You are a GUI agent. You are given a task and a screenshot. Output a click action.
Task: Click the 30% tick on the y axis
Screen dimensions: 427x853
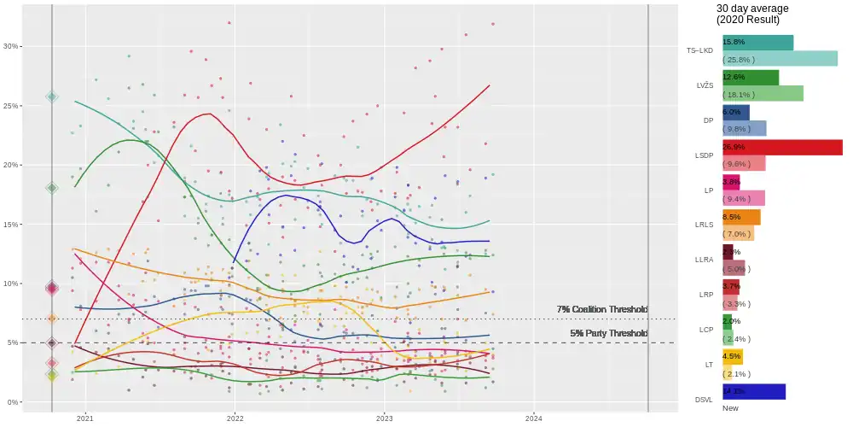(x=10, y=46)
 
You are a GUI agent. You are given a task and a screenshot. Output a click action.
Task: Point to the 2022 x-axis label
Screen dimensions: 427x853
(x=235, y=418)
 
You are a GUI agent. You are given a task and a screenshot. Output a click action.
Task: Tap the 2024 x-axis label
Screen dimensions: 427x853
(x=533, y=418)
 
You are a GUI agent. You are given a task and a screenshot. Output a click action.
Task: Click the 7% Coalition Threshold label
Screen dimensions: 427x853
(x=602, y=309)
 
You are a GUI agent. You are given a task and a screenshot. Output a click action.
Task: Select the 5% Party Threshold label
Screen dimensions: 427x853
(x=609, y=333)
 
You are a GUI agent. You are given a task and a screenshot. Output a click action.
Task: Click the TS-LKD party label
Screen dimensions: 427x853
(x=699, y=50)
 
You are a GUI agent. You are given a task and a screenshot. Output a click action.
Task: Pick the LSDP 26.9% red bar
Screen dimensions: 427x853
(x=782, y=147)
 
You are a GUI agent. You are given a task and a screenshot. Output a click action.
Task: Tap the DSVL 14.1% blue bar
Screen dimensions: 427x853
(x=754, y=391)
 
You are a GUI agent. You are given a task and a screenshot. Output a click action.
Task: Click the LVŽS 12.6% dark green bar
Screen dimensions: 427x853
(x=751, y=77)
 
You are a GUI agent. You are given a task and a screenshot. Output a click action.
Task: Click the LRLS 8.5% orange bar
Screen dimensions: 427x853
(x=741, y=217)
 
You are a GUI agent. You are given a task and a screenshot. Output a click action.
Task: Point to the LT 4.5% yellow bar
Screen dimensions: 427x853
(x=733, y=356)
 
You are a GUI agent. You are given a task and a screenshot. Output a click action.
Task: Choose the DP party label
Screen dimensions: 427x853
(x=708, y=120)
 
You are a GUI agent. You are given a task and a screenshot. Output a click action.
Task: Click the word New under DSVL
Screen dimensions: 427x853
(x=730, y=408)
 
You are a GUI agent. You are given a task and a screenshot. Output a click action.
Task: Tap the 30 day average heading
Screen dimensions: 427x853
(x=752, y=9)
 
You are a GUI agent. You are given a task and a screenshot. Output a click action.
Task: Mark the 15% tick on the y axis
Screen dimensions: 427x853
(x=10, y=225)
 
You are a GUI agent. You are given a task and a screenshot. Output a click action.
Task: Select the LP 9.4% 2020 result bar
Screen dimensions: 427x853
(x=744, y=198)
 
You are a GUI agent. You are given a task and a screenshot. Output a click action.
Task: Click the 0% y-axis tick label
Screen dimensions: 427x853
(x=12, y=402)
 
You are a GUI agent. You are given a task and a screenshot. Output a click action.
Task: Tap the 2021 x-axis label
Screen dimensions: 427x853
(x=85, y=418)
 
